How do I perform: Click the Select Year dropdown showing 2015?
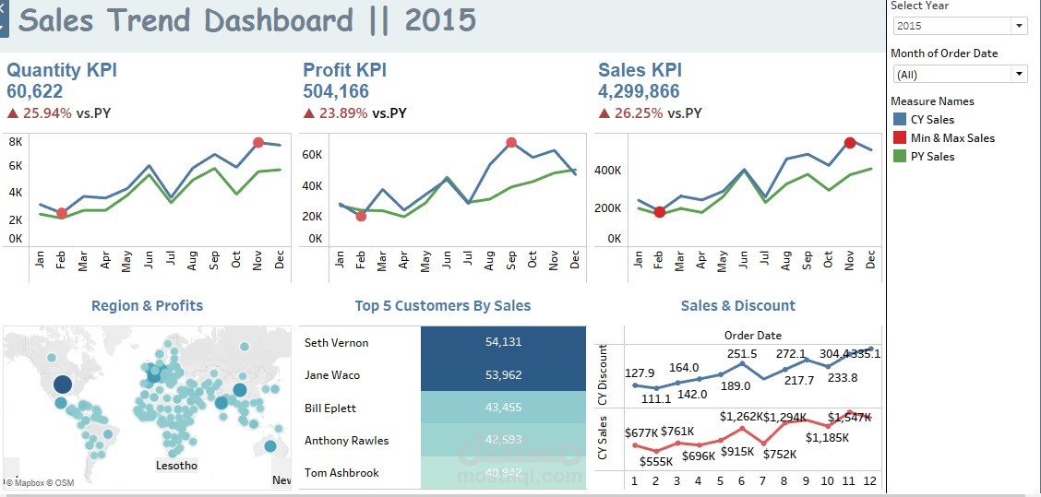[958, 26]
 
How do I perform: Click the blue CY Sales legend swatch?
[900, 120]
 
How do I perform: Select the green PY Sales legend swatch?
[900, 157]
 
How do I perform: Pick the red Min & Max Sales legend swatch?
[900, 138]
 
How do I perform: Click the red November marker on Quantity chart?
[258, 143]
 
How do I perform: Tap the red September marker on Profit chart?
[511, 143]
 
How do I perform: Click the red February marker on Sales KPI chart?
[660, 212]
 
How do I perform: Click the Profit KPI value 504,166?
[336, 91]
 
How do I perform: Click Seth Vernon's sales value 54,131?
[503, 342]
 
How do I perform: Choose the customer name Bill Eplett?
[330, 408]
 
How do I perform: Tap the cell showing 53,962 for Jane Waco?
[503, 375]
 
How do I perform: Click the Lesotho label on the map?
[176, 466]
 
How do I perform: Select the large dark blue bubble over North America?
[62, 385]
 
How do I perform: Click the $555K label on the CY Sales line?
[656, 461]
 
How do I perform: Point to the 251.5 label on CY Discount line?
[742, 354]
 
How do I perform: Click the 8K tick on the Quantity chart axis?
[16, 142]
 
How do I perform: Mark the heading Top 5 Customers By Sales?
[442, 306]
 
